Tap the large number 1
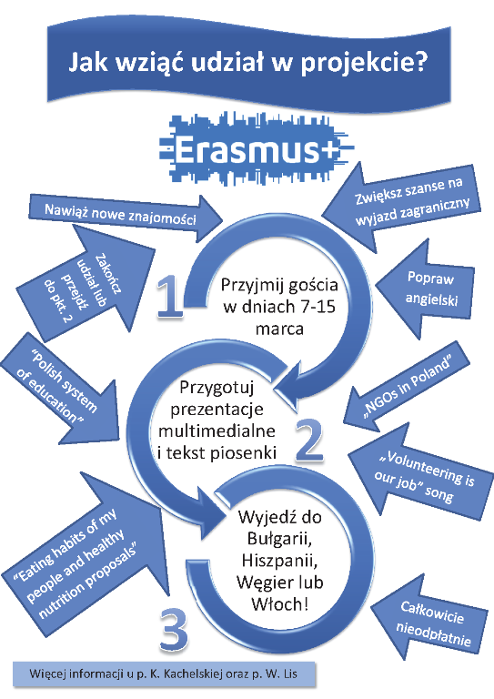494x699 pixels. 170,296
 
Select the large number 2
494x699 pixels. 309,440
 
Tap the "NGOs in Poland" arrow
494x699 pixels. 407,387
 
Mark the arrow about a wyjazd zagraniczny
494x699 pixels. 401,203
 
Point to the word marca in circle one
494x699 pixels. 279,329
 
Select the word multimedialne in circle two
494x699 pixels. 217,431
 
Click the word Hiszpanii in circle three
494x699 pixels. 279,560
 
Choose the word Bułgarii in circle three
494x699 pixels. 278,539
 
